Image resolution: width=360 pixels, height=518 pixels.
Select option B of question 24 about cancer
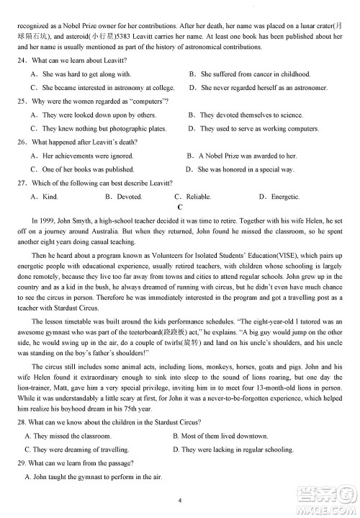(x=255, y=74)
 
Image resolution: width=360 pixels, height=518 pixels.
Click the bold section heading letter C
(x=180, y=207)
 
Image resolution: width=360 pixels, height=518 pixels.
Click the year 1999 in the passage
(x=48, y=220)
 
